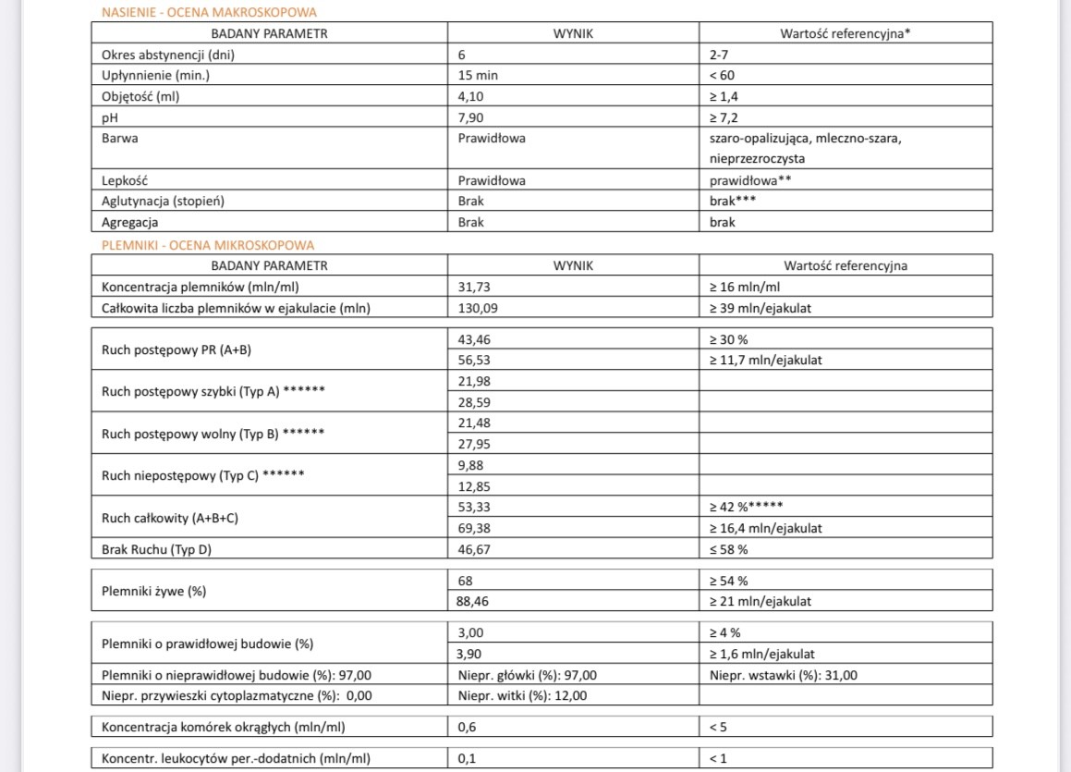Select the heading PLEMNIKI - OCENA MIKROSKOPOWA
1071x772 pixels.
(208, 245)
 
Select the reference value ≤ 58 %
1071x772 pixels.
(728, 549)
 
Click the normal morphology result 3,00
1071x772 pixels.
(472, 632)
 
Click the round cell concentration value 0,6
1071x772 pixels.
(468, 727)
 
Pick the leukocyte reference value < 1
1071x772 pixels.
(719, 759)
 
